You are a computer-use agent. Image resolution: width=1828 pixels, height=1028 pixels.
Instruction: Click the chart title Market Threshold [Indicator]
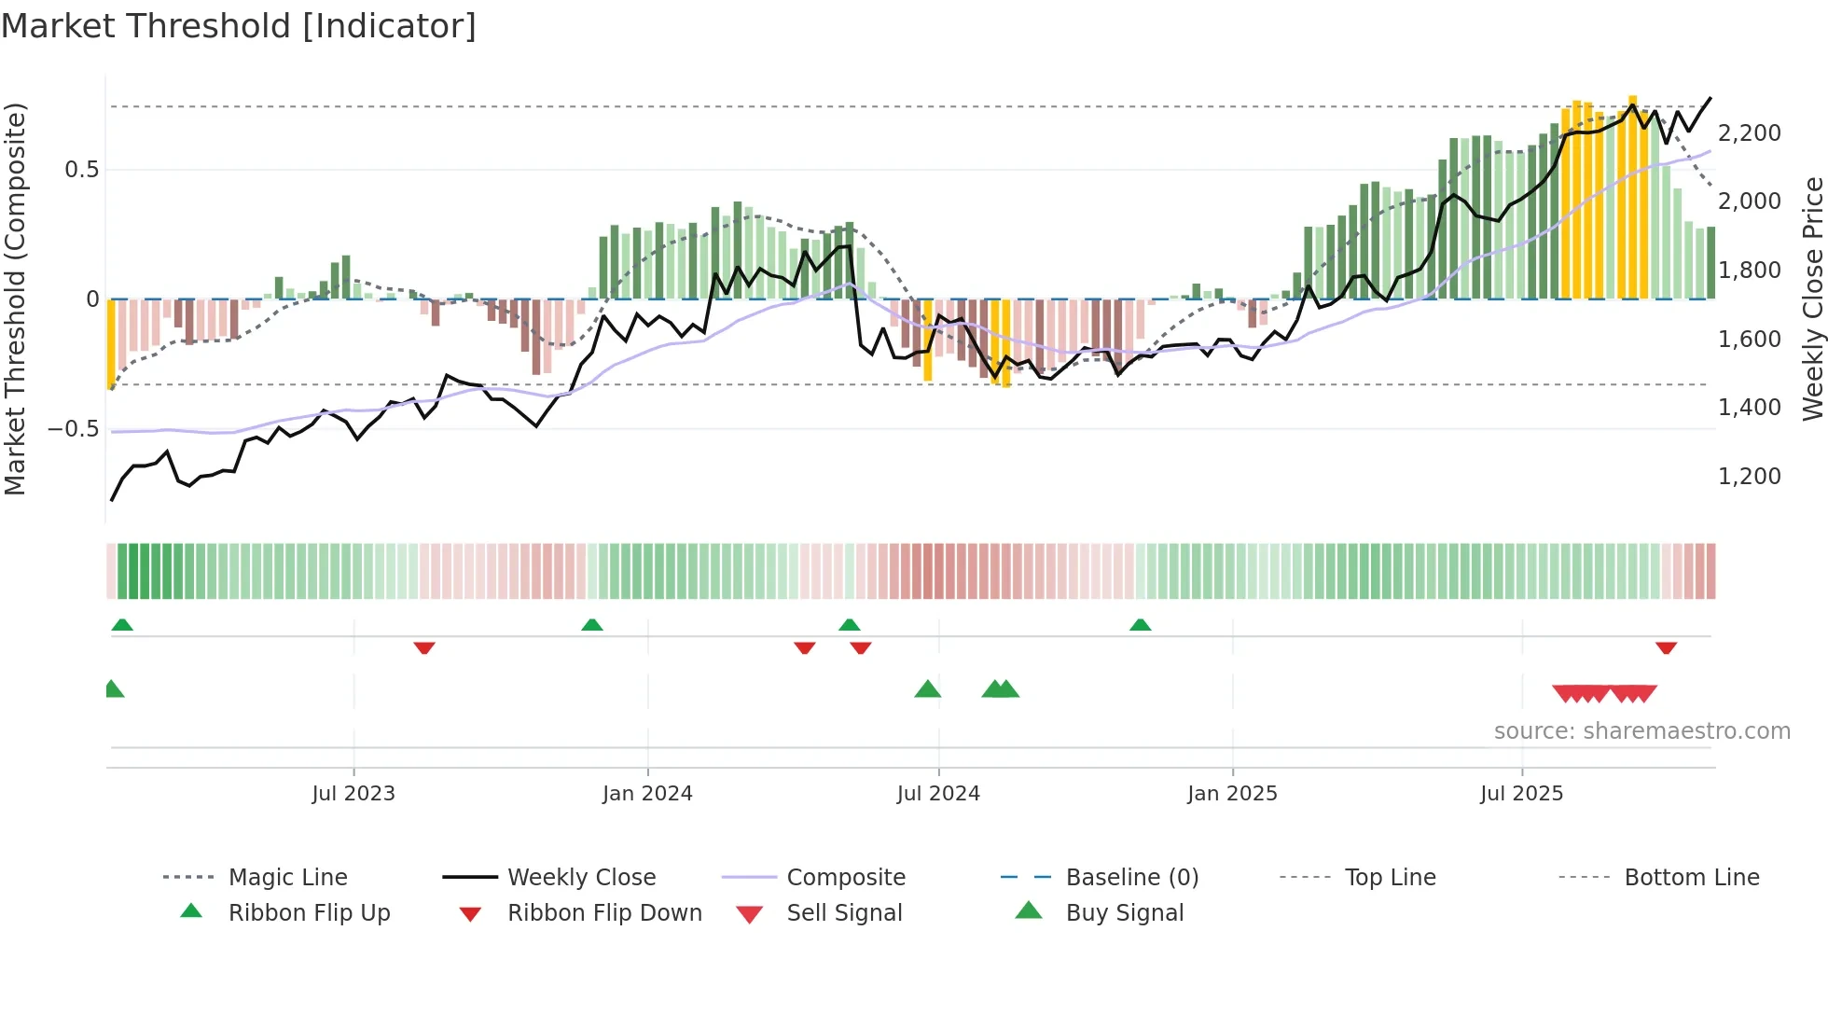(239, 26)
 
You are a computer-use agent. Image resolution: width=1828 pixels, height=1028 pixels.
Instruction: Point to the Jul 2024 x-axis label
(938, 794)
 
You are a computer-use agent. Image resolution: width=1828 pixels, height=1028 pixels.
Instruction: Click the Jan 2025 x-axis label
(1232, 794)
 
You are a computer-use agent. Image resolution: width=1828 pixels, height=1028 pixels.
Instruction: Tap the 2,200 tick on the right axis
(1749, 133)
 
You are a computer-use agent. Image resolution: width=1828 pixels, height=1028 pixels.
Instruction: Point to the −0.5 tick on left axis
(74, 429)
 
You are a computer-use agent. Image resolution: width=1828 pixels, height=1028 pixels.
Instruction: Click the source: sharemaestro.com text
(1641, 731)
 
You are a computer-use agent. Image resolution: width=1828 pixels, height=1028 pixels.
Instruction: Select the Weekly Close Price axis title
(1812, 299)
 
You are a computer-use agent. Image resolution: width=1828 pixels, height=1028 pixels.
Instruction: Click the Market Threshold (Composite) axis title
(15, 299)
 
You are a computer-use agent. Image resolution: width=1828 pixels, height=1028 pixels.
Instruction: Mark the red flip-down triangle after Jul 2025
(1666, 648)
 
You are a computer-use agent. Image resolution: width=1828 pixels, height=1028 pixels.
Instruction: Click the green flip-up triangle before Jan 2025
(1140, 625)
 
